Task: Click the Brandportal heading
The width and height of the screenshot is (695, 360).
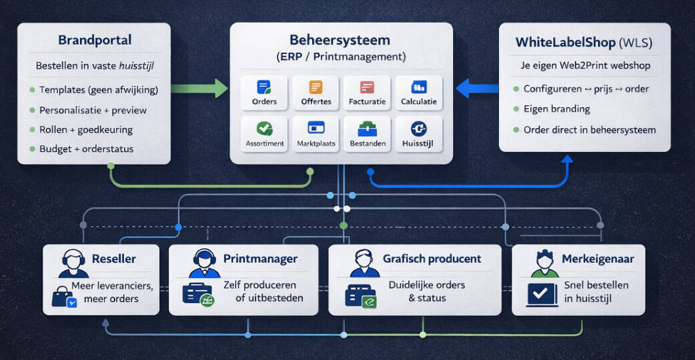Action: point(94,41)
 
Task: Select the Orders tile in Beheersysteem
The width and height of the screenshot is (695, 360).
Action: point(264,92)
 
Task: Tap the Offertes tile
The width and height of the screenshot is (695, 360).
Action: point(316,92)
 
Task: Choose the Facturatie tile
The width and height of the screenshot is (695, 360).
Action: point(368,92)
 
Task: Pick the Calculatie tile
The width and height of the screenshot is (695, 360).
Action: point(419,92)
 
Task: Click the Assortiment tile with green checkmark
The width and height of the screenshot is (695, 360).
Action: point(264,133)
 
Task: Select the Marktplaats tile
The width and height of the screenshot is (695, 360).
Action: point(316,133)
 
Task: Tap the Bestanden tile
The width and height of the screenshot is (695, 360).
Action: point(368,133)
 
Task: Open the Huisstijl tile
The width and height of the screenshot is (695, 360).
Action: point(419,133)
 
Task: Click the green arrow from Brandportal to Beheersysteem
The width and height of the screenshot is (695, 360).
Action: point(200,88)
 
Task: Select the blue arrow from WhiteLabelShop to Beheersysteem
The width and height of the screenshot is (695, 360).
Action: point(477,88)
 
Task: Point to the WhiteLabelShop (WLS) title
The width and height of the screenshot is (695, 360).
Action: point(584,43)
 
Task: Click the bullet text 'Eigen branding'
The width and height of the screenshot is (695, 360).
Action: point(556,109)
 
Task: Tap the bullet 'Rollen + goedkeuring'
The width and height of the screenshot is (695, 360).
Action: point(85,129)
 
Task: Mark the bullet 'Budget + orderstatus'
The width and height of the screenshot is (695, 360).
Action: point(86,149)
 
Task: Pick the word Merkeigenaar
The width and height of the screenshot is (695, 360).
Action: point(598,259)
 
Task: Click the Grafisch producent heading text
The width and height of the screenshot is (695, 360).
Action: point(432,259)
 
